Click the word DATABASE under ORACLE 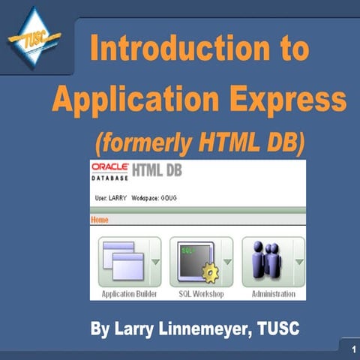109,181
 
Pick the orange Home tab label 100,220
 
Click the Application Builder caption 128,295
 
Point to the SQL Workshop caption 200,295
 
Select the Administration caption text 273,295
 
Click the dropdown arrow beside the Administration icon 298,262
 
